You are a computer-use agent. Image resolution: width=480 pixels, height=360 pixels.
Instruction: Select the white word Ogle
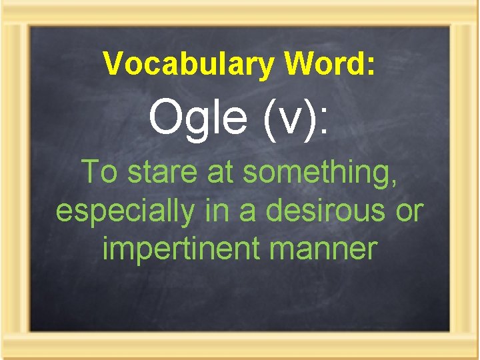tap(197, 119)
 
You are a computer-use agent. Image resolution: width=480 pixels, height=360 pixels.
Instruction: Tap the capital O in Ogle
tap(165, 119)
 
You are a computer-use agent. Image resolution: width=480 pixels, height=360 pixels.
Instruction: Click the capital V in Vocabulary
tap(113, 65)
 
